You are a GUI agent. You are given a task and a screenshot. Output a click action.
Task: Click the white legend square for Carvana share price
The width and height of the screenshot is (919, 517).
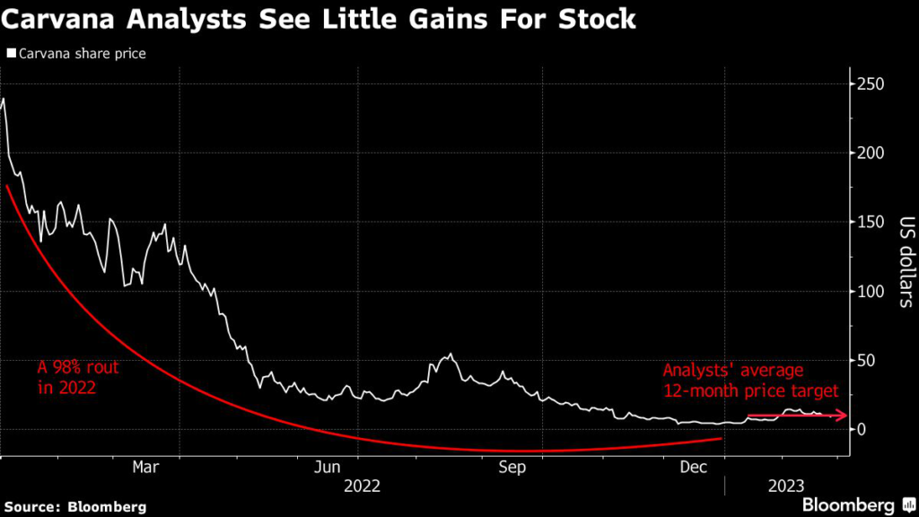click(10, 54)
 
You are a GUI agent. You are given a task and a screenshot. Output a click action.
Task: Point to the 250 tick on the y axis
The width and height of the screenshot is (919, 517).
click(870, 84)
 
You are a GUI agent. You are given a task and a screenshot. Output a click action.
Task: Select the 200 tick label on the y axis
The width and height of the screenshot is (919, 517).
click(870, 153)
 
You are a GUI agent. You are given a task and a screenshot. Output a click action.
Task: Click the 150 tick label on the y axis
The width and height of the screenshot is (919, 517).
click(870, 223)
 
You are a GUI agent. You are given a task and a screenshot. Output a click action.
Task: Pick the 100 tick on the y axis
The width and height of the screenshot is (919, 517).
click(870, 292)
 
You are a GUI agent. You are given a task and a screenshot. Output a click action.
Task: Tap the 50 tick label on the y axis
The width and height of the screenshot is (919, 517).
click(866, 361)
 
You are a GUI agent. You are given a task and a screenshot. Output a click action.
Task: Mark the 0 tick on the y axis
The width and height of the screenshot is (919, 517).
click(862, 430)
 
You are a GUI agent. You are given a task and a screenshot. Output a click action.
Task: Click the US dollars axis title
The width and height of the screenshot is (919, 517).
click(904, 261)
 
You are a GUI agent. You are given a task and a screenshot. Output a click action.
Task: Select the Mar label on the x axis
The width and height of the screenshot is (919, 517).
click(145, 467)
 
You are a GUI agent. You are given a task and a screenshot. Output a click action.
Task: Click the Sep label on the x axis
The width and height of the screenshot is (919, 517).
click(512, 467)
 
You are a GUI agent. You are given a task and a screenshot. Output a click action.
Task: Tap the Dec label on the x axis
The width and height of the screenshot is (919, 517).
click(693, 467)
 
